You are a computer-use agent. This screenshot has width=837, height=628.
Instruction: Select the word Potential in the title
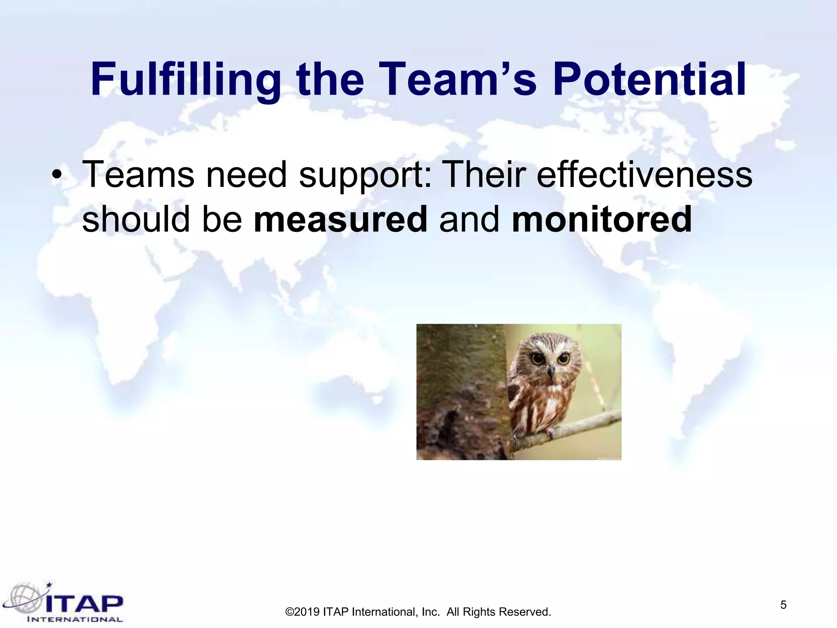[649, 80]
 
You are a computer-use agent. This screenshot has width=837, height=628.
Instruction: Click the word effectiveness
[644, 175]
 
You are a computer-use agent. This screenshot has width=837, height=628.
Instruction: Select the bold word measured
[340, 220]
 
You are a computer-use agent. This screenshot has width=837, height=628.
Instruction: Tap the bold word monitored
[602, 220]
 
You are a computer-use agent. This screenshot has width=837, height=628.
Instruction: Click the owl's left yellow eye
[537, 359]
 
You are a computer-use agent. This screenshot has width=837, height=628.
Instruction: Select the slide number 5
[783, 605]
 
